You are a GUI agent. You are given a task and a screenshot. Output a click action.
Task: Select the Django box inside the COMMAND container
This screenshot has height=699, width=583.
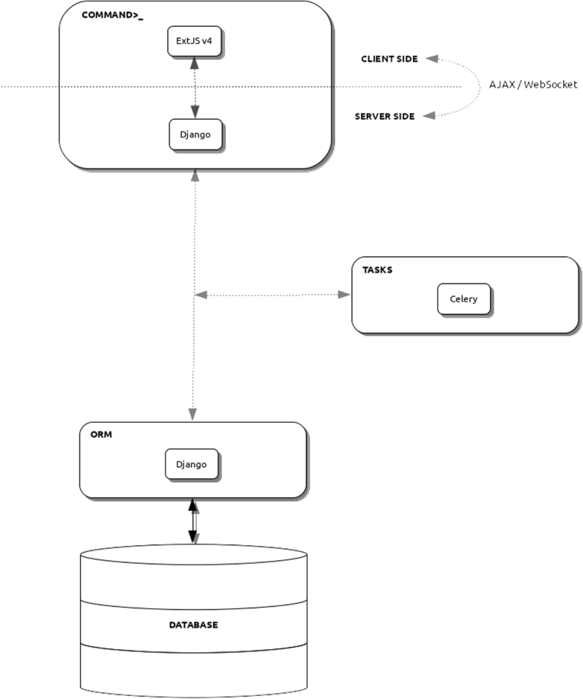pos(195,134)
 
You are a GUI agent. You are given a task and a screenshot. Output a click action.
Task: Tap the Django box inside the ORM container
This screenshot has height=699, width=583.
pos(192,464)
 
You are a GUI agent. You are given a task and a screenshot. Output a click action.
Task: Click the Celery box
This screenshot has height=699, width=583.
pos(463,299)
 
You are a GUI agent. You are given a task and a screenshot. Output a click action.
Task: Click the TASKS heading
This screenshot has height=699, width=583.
pos(377,270)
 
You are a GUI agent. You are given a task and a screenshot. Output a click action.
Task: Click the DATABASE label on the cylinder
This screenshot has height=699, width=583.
pos(193,625)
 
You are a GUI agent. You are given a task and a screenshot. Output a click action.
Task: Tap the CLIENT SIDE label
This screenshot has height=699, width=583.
pos(389,58)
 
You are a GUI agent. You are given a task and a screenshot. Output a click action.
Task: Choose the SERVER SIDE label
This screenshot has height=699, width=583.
pos(385,117)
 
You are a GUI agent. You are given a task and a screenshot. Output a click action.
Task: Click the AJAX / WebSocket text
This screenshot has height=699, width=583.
pos(532,85)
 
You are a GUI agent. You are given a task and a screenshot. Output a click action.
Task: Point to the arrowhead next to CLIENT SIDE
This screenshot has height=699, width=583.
pos(431,58)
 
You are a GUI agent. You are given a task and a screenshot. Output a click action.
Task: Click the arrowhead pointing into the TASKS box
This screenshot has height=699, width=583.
pos(344,295)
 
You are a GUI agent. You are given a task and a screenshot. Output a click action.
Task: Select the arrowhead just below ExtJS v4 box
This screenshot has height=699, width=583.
pos(195,65)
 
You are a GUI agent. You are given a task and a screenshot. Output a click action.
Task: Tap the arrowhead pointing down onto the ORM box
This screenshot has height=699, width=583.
pos(193,413)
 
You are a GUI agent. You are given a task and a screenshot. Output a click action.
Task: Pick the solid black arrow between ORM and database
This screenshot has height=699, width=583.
pos(193,521)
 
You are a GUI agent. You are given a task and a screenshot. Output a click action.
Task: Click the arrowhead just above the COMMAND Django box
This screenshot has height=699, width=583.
pos(195,111)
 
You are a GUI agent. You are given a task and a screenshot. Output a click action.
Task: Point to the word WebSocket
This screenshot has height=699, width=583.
pos(550,85)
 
